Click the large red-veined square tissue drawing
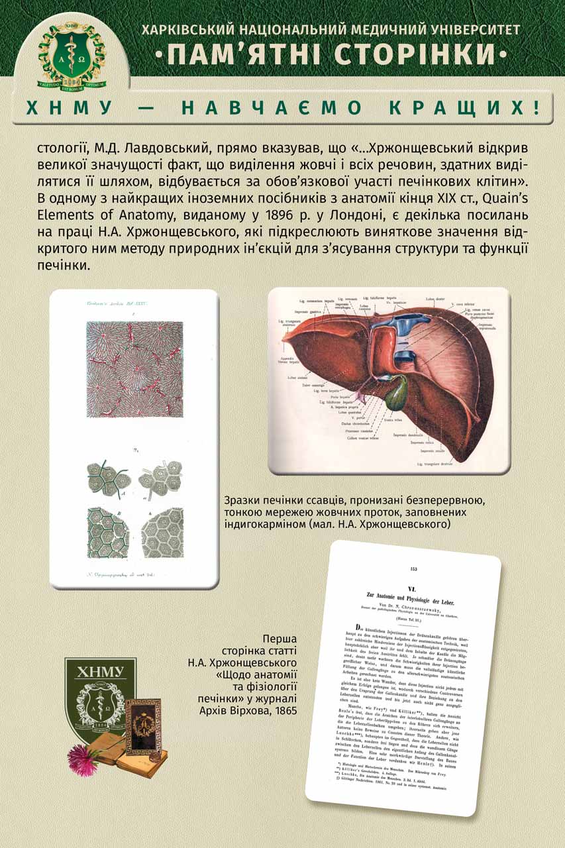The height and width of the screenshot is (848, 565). click(134, 368)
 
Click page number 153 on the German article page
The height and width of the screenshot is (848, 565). click(415, 568)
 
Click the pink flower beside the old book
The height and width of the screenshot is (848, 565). click(82, 762)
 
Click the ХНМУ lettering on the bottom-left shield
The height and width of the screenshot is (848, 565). click(101, 673)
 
